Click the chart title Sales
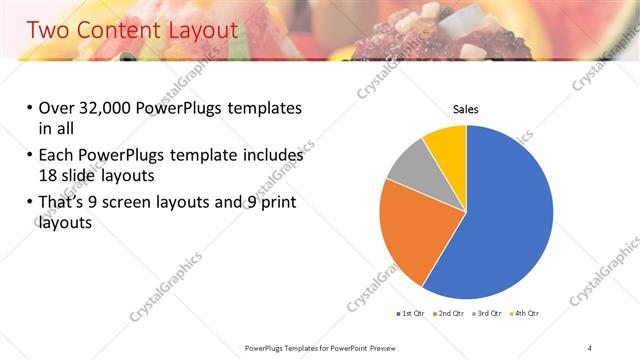click(x=466, y=108)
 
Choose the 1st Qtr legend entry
click(x=412, y=314)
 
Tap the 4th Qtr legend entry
click(x=526, y=314)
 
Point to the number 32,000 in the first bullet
click(x=112, y=109)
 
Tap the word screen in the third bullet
click(x=147, y=204)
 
